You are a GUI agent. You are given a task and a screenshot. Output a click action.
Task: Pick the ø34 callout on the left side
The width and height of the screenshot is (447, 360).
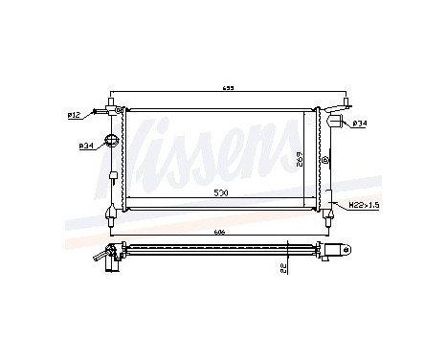[x=85, y=146]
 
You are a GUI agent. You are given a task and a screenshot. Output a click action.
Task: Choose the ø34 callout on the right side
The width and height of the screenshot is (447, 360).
[x=359, y=123]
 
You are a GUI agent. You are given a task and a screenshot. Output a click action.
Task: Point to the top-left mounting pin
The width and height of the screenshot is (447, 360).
[x=115, y=99]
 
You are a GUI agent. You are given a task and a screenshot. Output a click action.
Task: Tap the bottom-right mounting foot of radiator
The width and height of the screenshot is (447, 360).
[x=331, y=214]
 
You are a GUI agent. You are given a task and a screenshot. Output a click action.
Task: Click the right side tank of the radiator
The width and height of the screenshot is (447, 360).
[x=324, y=158]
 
